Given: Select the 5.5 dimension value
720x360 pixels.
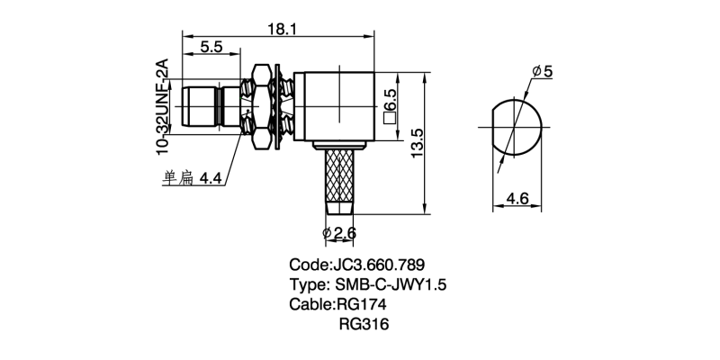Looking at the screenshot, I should pos(211,46).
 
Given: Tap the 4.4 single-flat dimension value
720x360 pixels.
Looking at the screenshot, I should pos(211,178).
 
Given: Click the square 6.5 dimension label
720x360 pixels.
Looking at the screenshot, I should pos(391,105).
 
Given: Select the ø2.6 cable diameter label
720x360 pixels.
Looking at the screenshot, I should pos(339,234).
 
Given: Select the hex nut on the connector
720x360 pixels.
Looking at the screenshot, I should pos(263,107).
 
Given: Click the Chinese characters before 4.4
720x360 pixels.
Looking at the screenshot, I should pos(177,178).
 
